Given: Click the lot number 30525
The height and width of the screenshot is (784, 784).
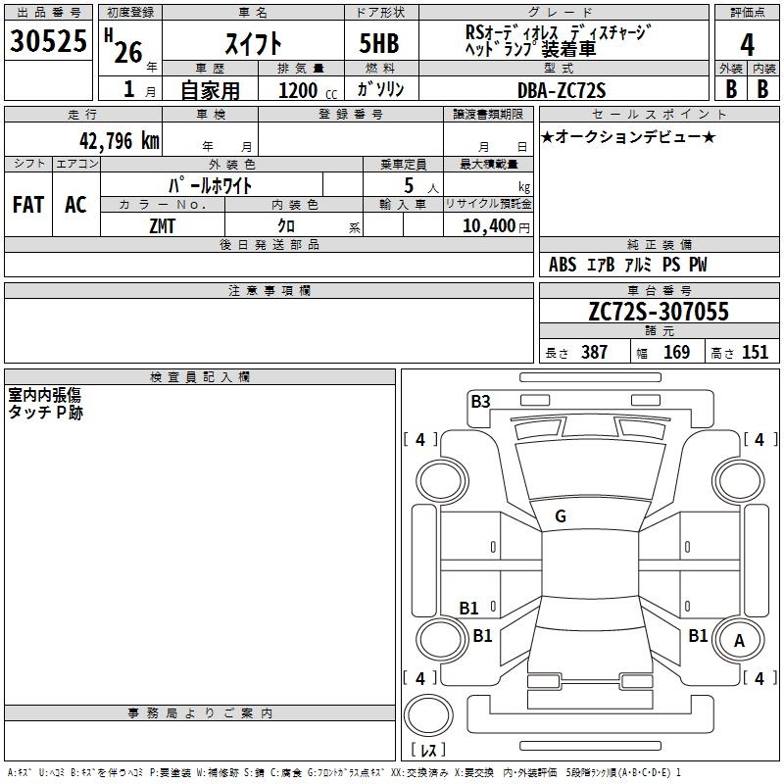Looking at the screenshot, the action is pyautogui.click(x=48, y=42).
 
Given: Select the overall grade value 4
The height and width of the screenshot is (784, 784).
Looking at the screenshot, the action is pyautogui.click(x=747, y=45).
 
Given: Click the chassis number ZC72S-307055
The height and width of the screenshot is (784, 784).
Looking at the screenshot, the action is pyautogui.click(x=659, y=313).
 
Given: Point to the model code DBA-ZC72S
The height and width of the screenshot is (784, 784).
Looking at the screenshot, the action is pyautogui.click(x=562, y=90).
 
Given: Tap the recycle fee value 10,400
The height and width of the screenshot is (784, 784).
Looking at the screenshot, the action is pyautogui.click(x=487, y=226).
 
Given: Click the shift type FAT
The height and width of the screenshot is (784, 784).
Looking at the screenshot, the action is pyautogui.click(x=28, y=205).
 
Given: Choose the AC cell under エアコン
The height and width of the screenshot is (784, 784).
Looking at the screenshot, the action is pyautogui.click(x=75, y=205).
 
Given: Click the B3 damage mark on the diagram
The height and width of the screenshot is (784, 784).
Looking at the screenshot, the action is pyautogui.click(x=480, y=401).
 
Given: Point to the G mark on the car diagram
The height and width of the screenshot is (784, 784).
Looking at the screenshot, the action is pyautogui.click(x=561, y=516).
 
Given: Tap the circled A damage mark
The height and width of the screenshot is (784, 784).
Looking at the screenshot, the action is pyautogui.click(x=739, y=641).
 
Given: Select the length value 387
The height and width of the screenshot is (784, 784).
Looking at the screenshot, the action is pyautogui.click(x=594, y=352).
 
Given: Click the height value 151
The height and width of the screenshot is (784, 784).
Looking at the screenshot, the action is pyautogui.click(x=755, y=352).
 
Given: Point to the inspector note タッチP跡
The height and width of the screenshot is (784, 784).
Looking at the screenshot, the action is pyautogui.click(x=46, y=414).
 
